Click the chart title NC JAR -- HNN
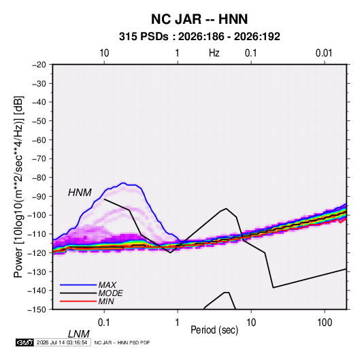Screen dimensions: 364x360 pyautogui.click(x=199, y=19)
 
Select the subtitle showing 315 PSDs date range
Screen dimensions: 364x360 pyautogui.click(x=199, y=37)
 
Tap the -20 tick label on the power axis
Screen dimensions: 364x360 pyautogui.click(x=39, y=65)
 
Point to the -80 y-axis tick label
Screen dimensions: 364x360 pyautogui.click(x=39, y=178)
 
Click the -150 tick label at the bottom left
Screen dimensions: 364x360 pyautogui.click(x=37, y=310)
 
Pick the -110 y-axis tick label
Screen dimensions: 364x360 pyautogui.click(x=37, y=234)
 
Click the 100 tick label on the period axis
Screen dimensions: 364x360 pyautogui.click(x=325, y=323)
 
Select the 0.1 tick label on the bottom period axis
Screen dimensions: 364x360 pyautogui.click(x=103, y=323)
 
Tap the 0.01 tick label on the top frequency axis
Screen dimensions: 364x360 pyautogui.click(x=324, y=53)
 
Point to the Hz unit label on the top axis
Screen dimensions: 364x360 pyautogui.click(x=214, y=53)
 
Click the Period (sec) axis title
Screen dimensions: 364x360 pyautogui.click(x=214, y=330)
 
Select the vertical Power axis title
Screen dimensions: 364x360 pyautogui.click(x=18, y=187)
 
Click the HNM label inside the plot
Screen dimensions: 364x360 pyautogui.click(x=80, y=193)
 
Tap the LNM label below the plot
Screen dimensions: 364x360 pyautogui.click(x=78, y=334)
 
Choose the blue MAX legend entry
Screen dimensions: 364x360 pyautogui.click(x=88, y=285)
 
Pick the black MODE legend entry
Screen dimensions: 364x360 pyautogui.click(x=91, y=293)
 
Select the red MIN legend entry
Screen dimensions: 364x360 pyautogui.click(x=87, y=301)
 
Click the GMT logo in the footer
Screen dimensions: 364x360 pyautogui.click(x=24, y=342)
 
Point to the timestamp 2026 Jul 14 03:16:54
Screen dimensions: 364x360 pyautogui.click(x=62, y=342)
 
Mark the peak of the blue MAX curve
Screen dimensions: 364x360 pyautogui.click(x=123, y=183)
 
